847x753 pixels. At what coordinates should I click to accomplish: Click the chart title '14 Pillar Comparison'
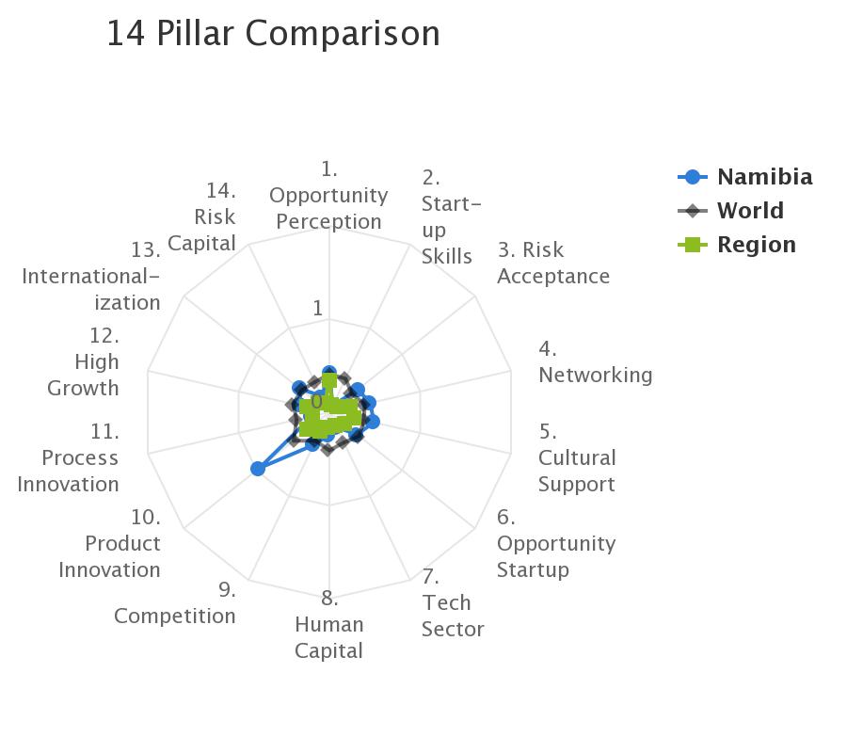coord(273,34)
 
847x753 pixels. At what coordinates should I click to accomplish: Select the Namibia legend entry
coord(745,177)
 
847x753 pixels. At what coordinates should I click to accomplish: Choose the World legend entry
coord(730,211)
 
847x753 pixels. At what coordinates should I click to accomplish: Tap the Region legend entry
coord(737,245)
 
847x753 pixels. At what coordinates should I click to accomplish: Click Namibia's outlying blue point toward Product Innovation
coord(258,469)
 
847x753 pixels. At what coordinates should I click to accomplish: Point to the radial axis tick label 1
coord(318,309)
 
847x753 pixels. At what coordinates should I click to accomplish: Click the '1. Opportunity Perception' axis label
coord(328,196)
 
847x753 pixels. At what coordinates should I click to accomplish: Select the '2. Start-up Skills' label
coord(451,217)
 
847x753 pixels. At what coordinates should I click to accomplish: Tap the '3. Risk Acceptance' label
coord(553,263)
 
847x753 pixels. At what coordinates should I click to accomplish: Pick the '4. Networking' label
coord(596,362)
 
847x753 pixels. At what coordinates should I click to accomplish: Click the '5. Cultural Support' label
coord(577,458)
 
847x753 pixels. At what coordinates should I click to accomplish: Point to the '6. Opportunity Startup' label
coord(556,543)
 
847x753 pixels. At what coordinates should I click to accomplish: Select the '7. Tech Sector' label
coord(452,602)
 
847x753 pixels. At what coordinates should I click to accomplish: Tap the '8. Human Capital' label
coord(329,625)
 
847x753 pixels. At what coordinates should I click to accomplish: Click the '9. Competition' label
coord(175,602)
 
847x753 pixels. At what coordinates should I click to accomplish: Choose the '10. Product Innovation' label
coord(110,543)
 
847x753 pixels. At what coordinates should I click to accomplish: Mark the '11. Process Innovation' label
coord(68,458)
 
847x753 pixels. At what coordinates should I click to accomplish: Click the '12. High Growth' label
coord(83,362)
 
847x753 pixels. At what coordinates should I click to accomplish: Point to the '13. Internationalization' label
coord(91,276)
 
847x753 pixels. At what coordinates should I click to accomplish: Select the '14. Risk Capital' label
coord(202,217)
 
